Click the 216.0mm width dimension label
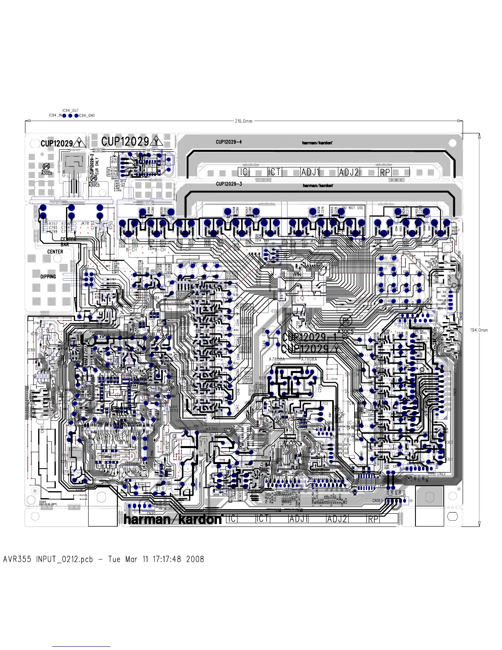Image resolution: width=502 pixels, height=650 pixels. (244, 121)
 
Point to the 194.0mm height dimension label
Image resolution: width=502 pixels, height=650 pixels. (479, 330)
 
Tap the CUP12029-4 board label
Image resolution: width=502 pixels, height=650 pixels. (229, 142)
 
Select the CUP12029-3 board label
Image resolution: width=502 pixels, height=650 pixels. (229, 183)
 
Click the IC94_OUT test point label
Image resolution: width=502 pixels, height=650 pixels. (71, 110)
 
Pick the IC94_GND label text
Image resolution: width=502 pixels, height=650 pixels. (87, 116)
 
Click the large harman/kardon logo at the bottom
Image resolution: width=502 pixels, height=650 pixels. (173, 519)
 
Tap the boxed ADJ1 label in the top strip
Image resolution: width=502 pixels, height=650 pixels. (310, 172)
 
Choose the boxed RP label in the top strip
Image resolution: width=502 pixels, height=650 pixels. (385, 172)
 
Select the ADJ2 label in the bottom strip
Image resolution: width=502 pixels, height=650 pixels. (337, 519)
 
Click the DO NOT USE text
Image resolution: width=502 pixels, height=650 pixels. (353, 208)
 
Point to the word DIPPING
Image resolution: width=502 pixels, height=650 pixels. (48, 277)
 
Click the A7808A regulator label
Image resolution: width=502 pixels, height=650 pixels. (276, 359)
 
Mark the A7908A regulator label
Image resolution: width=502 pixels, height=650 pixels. (309, 359)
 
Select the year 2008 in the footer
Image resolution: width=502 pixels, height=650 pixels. (195, 559)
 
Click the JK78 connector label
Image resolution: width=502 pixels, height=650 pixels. (85, 224)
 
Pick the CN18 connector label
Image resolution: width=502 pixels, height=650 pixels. (376, 501)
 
